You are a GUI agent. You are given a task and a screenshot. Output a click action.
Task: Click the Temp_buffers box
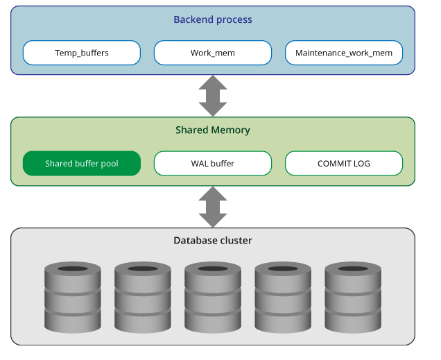pyautogui.click(x=82, y=53)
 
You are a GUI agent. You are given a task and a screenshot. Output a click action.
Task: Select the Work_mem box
pyautogui.click(x=213, y=53)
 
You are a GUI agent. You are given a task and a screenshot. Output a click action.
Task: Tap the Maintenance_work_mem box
pyautogui.click(x=344, y=53)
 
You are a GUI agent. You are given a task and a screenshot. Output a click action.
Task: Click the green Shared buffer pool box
pyautogui.click(x=82, y=164)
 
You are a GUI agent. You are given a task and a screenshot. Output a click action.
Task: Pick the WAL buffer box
pyautogui.click(x=213, y=164)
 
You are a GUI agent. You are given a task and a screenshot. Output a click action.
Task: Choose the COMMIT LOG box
pyautogui.click(x=344, y=164)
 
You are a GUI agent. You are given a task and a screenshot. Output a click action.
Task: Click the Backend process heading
pyautogui.click(x=213, y=20)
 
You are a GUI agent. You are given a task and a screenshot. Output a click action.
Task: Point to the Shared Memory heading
pyautogui.click(x=213, y=130)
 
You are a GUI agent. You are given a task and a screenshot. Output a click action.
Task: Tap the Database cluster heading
pyautogui.click(x=213, y=241)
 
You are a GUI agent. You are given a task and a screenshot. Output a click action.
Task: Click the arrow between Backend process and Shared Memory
pyautogui.click(x=213, y=95)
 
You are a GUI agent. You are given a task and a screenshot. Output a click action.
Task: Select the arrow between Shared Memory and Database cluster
pyautogui.click(x=213, y=207)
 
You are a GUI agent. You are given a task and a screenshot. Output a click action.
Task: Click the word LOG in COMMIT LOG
pyautogui.click(x=361, y=164)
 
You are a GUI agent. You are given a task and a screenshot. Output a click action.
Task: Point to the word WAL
pyautogui.click(x=200, y=164)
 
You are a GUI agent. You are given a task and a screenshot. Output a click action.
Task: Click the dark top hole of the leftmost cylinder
pyautogui.click(x=73, y=268)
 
